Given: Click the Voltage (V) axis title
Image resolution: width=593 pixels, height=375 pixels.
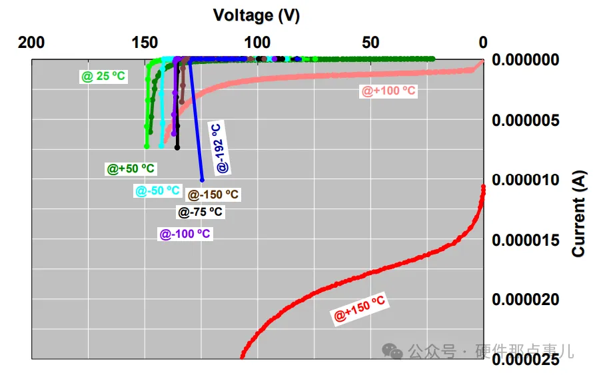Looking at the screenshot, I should [x=257, y=15].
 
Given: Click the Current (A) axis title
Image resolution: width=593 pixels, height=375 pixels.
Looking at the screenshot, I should [x=579, y=213].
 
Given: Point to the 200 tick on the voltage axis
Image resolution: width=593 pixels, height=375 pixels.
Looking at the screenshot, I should [x=31, y=43].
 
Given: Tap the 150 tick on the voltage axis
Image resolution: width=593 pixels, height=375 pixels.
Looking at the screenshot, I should [x=145, y=43].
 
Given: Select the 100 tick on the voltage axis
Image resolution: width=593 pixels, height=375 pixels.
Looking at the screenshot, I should [x=258, y=43].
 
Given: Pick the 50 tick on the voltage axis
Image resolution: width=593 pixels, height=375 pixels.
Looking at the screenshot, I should [x=370, y=43].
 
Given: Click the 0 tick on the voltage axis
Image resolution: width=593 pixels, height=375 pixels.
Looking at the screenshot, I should [x=483, y=43].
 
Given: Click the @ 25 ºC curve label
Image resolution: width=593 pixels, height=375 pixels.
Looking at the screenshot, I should [x=103, y=77].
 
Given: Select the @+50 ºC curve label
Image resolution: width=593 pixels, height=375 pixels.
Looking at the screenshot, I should [x=131, y=169].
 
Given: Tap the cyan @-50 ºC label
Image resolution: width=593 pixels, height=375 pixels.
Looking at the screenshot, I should [x=157, y=191].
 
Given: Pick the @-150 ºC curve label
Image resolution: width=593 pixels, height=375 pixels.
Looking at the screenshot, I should [x=213, y=195].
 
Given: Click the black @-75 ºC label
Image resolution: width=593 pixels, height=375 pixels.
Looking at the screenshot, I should [x=200, y=212].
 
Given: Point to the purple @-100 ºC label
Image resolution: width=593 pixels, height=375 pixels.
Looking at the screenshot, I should [x=185, y=234].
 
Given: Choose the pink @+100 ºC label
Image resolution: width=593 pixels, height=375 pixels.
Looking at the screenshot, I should [x=388, y=91].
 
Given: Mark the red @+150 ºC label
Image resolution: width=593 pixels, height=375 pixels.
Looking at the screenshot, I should [x=360, y=310].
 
